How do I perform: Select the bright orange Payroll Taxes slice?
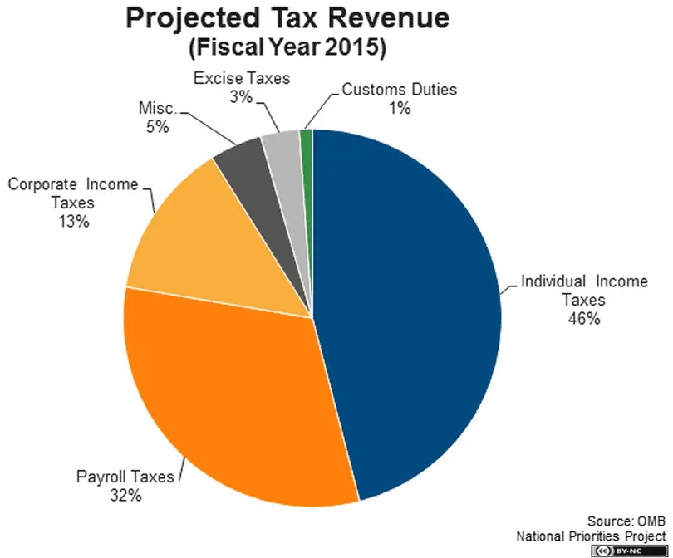[x=241, y=399]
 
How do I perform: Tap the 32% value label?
[x=125, y=496]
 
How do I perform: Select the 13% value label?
[x=74, y=222]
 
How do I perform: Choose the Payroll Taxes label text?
[x=125, y=477]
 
